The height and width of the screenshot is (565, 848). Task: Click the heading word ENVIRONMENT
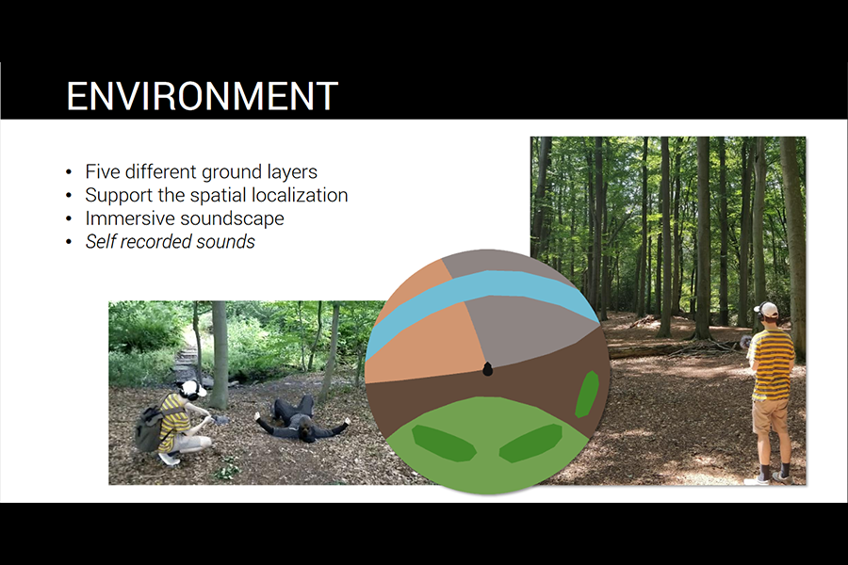point(203,96)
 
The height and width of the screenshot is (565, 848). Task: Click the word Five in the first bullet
point(103,171)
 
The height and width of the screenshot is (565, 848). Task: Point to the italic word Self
point(101,242)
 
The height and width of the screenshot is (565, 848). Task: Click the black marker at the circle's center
point(487,369)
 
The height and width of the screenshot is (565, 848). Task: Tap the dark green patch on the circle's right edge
point(587,395)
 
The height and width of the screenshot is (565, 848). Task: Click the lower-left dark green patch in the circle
point(444,444)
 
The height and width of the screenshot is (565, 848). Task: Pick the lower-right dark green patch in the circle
point(531,444)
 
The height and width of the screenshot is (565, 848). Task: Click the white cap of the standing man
point(767,310)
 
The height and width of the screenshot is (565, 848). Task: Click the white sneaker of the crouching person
point(169,459)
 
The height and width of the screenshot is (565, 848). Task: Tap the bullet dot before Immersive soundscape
point(69,219)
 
